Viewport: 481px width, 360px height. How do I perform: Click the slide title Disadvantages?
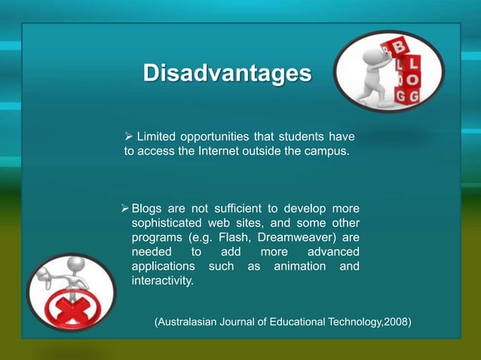227,75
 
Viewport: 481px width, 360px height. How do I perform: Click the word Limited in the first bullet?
155,136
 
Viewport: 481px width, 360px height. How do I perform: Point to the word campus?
327,151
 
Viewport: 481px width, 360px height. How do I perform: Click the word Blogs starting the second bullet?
147,208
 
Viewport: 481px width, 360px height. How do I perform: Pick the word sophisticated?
166,223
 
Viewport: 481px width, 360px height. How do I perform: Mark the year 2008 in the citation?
395,322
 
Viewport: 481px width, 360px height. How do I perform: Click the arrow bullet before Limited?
129,136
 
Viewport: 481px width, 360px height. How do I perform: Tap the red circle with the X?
67,311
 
